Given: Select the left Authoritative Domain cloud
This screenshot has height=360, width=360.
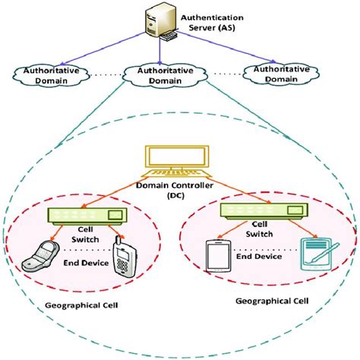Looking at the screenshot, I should pos(50,76).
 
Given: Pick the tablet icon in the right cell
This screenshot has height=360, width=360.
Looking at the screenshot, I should pos(217,255).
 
